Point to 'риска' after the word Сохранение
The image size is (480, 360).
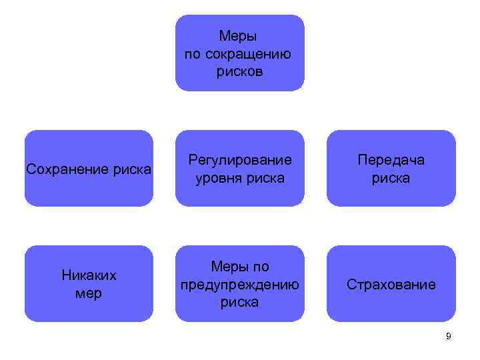[131, 169]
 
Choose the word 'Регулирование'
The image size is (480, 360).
[240, 160]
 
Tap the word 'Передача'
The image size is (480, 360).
[391, 160]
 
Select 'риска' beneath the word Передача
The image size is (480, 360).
[391, 178]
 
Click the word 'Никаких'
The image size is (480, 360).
[89, 275]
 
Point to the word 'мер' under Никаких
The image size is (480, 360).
[89, 293]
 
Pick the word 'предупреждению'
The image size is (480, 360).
[240, 285]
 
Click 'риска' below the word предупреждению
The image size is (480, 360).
[240, 302]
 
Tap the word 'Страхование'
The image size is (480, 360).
[391, 285]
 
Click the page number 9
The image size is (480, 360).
[449, 337]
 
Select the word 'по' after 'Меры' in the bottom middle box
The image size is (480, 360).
[261, 267]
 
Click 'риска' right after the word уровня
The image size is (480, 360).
[265, 178]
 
